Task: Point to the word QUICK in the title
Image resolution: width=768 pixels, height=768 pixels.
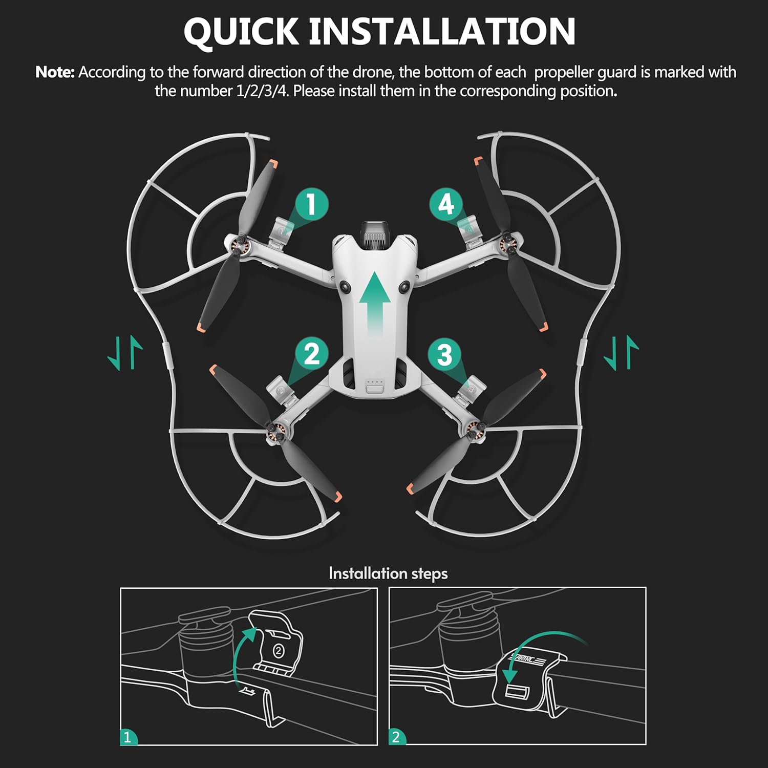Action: (x=241, y=32)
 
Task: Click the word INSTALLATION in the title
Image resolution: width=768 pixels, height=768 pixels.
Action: (x=442, y=32)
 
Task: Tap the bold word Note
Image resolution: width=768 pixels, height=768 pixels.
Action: (x=55, y=72)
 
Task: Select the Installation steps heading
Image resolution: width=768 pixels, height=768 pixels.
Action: (x=388, y=573)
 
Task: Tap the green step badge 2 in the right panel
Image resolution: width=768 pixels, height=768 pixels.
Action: (x=396, y=737)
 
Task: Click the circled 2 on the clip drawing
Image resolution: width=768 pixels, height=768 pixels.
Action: (x=278, y=651)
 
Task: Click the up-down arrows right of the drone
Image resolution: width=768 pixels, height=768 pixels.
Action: (x=621, y=353)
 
